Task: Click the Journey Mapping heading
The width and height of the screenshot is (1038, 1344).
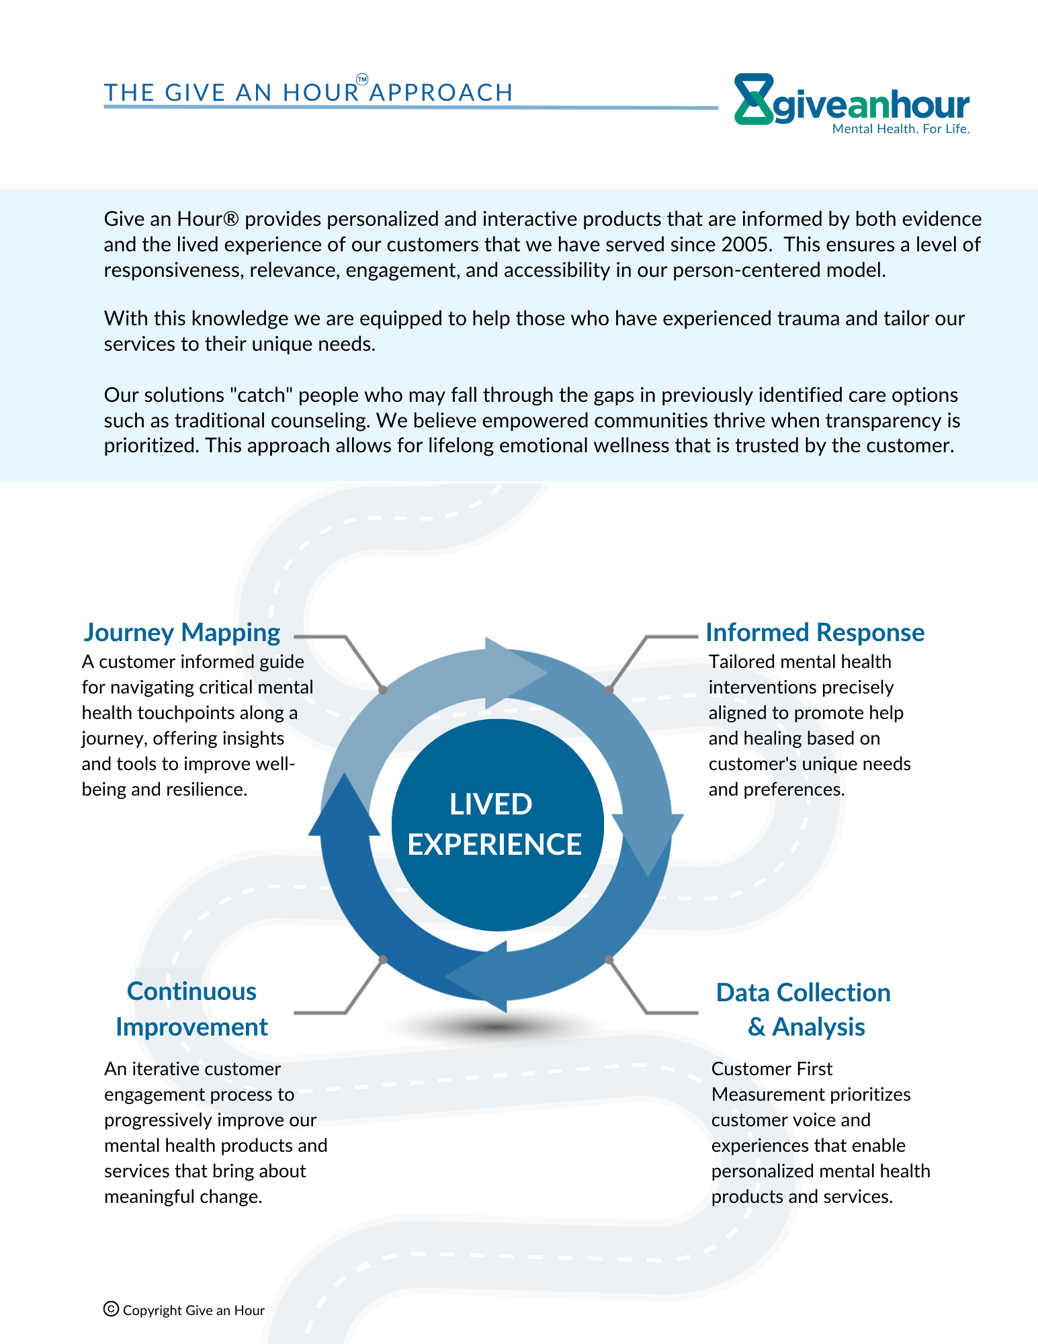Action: [x=182, y=633]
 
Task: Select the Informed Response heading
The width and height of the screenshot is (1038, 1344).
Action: [x=815, y=633]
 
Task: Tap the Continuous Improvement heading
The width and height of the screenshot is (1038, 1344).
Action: [x=191, y=1009]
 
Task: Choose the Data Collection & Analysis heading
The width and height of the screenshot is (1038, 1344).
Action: [x=804, y=1010]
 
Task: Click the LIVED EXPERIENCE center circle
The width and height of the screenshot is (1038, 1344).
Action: [x=497, y=825]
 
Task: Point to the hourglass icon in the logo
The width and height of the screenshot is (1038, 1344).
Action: [x=754, y=99]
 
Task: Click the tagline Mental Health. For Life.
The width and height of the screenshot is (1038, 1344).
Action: [x=901, y=129]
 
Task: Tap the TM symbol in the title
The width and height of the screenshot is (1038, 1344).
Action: [x=361, y=80]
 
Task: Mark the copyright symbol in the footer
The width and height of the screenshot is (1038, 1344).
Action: [x=112, y=1309]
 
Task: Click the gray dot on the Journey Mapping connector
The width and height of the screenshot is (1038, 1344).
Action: [x=383, y=689]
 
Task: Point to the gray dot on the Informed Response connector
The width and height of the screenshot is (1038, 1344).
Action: [x=609, y=689]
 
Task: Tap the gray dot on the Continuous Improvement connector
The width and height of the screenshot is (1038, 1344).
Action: [x=383, y=960]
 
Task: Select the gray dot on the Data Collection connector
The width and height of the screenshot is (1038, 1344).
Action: [x=609, y=960]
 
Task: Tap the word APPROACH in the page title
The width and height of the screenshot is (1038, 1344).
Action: [x=441, y=93]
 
